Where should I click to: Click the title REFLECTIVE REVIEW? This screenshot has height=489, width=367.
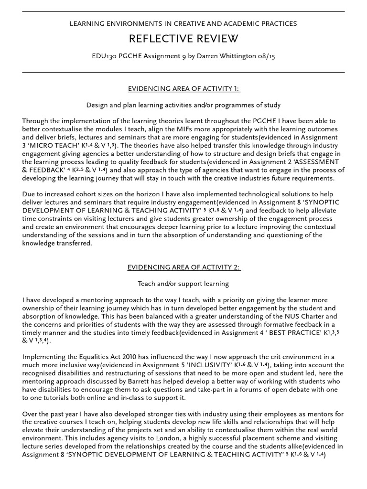(x=183, y=38)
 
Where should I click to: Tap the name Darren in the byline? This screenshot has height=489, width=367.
(x=216, y=56)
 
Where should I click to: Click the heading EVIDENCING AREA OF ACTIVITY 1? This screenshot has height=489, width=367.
(x=183, y=88)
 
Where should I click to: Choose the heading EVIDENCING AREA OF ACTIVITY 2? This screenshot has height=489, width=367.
(x=183, y=267)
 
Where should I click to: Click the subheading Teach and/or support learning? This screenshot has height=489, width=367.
(x=183, y=284)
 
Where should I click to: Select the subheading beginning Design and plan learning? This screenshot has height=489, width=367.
(x=183, y=105)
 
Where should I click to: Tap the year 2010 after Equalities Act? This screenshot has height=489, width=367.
(x=119, y=357)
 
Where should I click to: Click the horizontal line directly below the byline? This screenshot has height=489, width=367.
(x=183, y=73)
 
